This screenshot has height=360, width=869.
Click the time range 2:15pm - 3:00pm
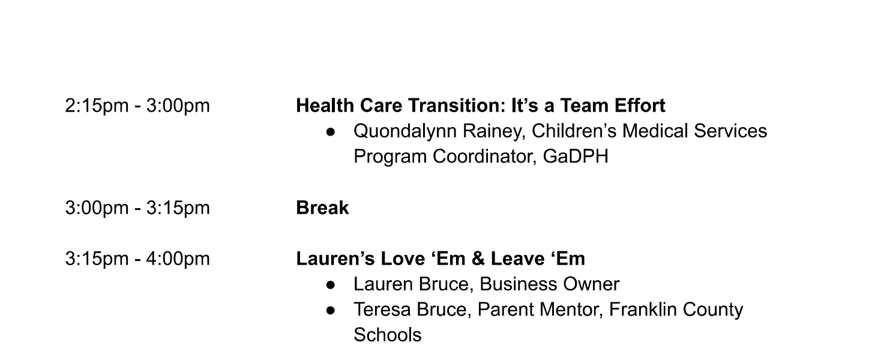point(137,106)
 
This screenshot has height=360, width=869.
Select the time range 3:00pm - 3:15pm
point(137,208)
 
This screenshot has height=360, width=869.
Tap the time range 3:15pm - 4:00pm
point(137,259)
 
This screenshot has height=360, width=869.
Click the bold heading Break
point(322,208)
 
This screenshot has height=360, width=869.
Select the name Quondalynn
point(405,131)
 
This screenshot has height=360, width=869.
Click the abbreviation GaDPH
point(576,157)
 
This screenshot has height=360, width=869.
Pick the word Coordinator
point(485,157)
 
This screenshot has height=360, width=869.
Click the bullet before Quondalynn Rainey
point(331,132)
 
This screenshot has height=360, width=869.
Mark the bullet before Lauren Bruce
point(331,285)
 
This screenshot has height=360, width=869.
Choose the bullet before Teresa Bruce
point(331,310)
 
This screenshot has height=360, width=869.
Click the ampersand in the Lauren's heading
point(478,259)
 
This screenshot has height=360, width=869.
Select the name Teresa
point(382,310)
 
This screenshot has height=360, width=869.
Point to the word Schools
point(388,335)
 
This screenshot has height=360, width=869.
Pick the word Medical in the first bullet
point(655,131)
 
